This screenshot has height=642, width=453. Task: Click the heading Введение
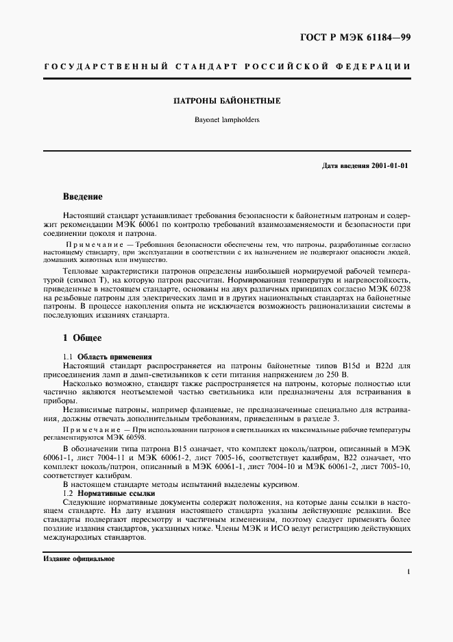point(83,197)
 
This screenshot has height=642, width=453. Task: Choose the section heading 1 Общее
point(82,338)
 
